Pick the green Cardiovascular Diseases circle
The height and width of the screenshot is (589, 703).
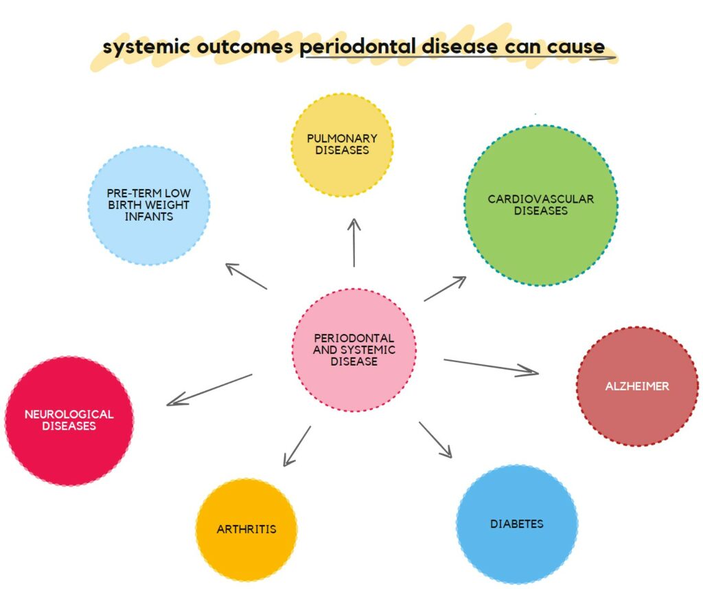[x=541, y=205]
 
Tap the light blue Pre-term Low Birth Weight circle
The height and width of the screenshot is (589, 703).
[x=149, y=205]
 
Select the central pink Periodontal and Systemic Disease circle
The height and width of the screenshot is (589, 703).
[x=354, y=349]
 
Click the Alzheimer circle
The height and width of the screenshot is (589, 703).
[x=637, y=386]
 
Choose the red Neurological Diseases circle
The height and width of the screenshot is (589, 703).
[x=69, y=421]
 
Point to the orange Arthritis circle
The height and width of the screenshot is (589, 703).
[x=246, y=529]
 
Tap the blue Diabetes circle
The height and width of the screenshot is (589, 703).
[x=517, y=524]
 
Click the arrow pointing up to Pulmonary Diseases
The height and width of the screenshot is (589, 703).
[x=354, y=243]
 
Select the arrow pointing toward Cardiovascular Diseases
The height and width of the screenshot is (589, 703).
[x=445, y=289]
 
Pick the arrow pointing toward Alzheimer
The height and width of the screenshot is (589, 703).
[x=491, y=367]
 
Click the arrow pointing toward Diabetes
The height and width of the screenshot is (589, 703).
[x=435, y=440]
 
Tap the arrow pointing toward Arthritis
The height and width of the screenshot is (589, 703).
[x=297, y=446]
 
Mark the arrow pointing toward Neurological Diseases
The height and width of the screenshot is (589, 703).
[x=209, y=390]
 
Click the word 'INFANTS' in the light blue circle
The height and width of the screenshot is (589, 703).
[x=149, y=216]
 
